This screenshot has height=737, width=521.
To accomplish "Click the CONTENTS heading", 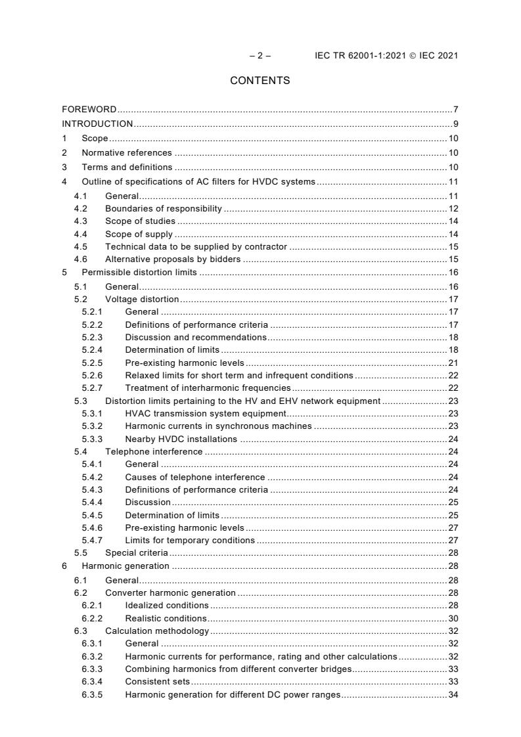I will (260, 81).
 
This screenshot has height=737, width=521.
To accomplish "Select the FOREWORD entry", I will (89, 109).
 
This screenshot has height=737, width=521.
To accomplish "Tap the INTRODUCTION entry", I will (97, 123).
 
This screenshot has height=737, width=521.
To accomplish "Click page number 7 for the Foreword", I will (455, 109).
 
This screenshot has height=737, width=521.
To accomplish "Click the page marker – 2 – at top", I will (260, 56).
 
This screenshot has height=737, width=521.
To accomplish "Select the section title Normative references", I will (127, 153).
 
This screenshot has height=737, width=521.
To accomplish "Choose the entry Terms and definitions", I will (127, 167).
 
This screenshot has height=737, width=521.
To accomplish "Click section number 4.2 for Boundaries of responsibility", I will (79, 209).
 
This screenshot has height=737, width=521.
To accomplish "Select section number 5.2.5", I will (93, 363).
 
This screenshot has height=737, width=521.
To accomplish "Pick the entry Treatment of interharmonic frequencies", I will (208, 388).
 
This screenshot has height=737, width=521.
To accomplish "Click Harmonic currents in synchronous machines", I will (218, 426).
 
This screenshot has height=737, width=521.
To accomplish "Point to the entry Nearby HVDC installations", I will (181, 439).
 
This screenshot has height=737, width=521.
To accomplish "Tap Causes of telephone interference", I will (195, 477).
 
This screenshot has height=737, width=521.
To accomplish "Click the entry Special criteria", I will (137, 552).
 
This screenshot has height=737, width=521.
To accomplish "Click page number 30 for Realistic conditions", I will (453, 618).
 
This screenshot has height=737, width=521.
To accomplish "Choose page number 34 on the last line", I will (453, 694).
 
